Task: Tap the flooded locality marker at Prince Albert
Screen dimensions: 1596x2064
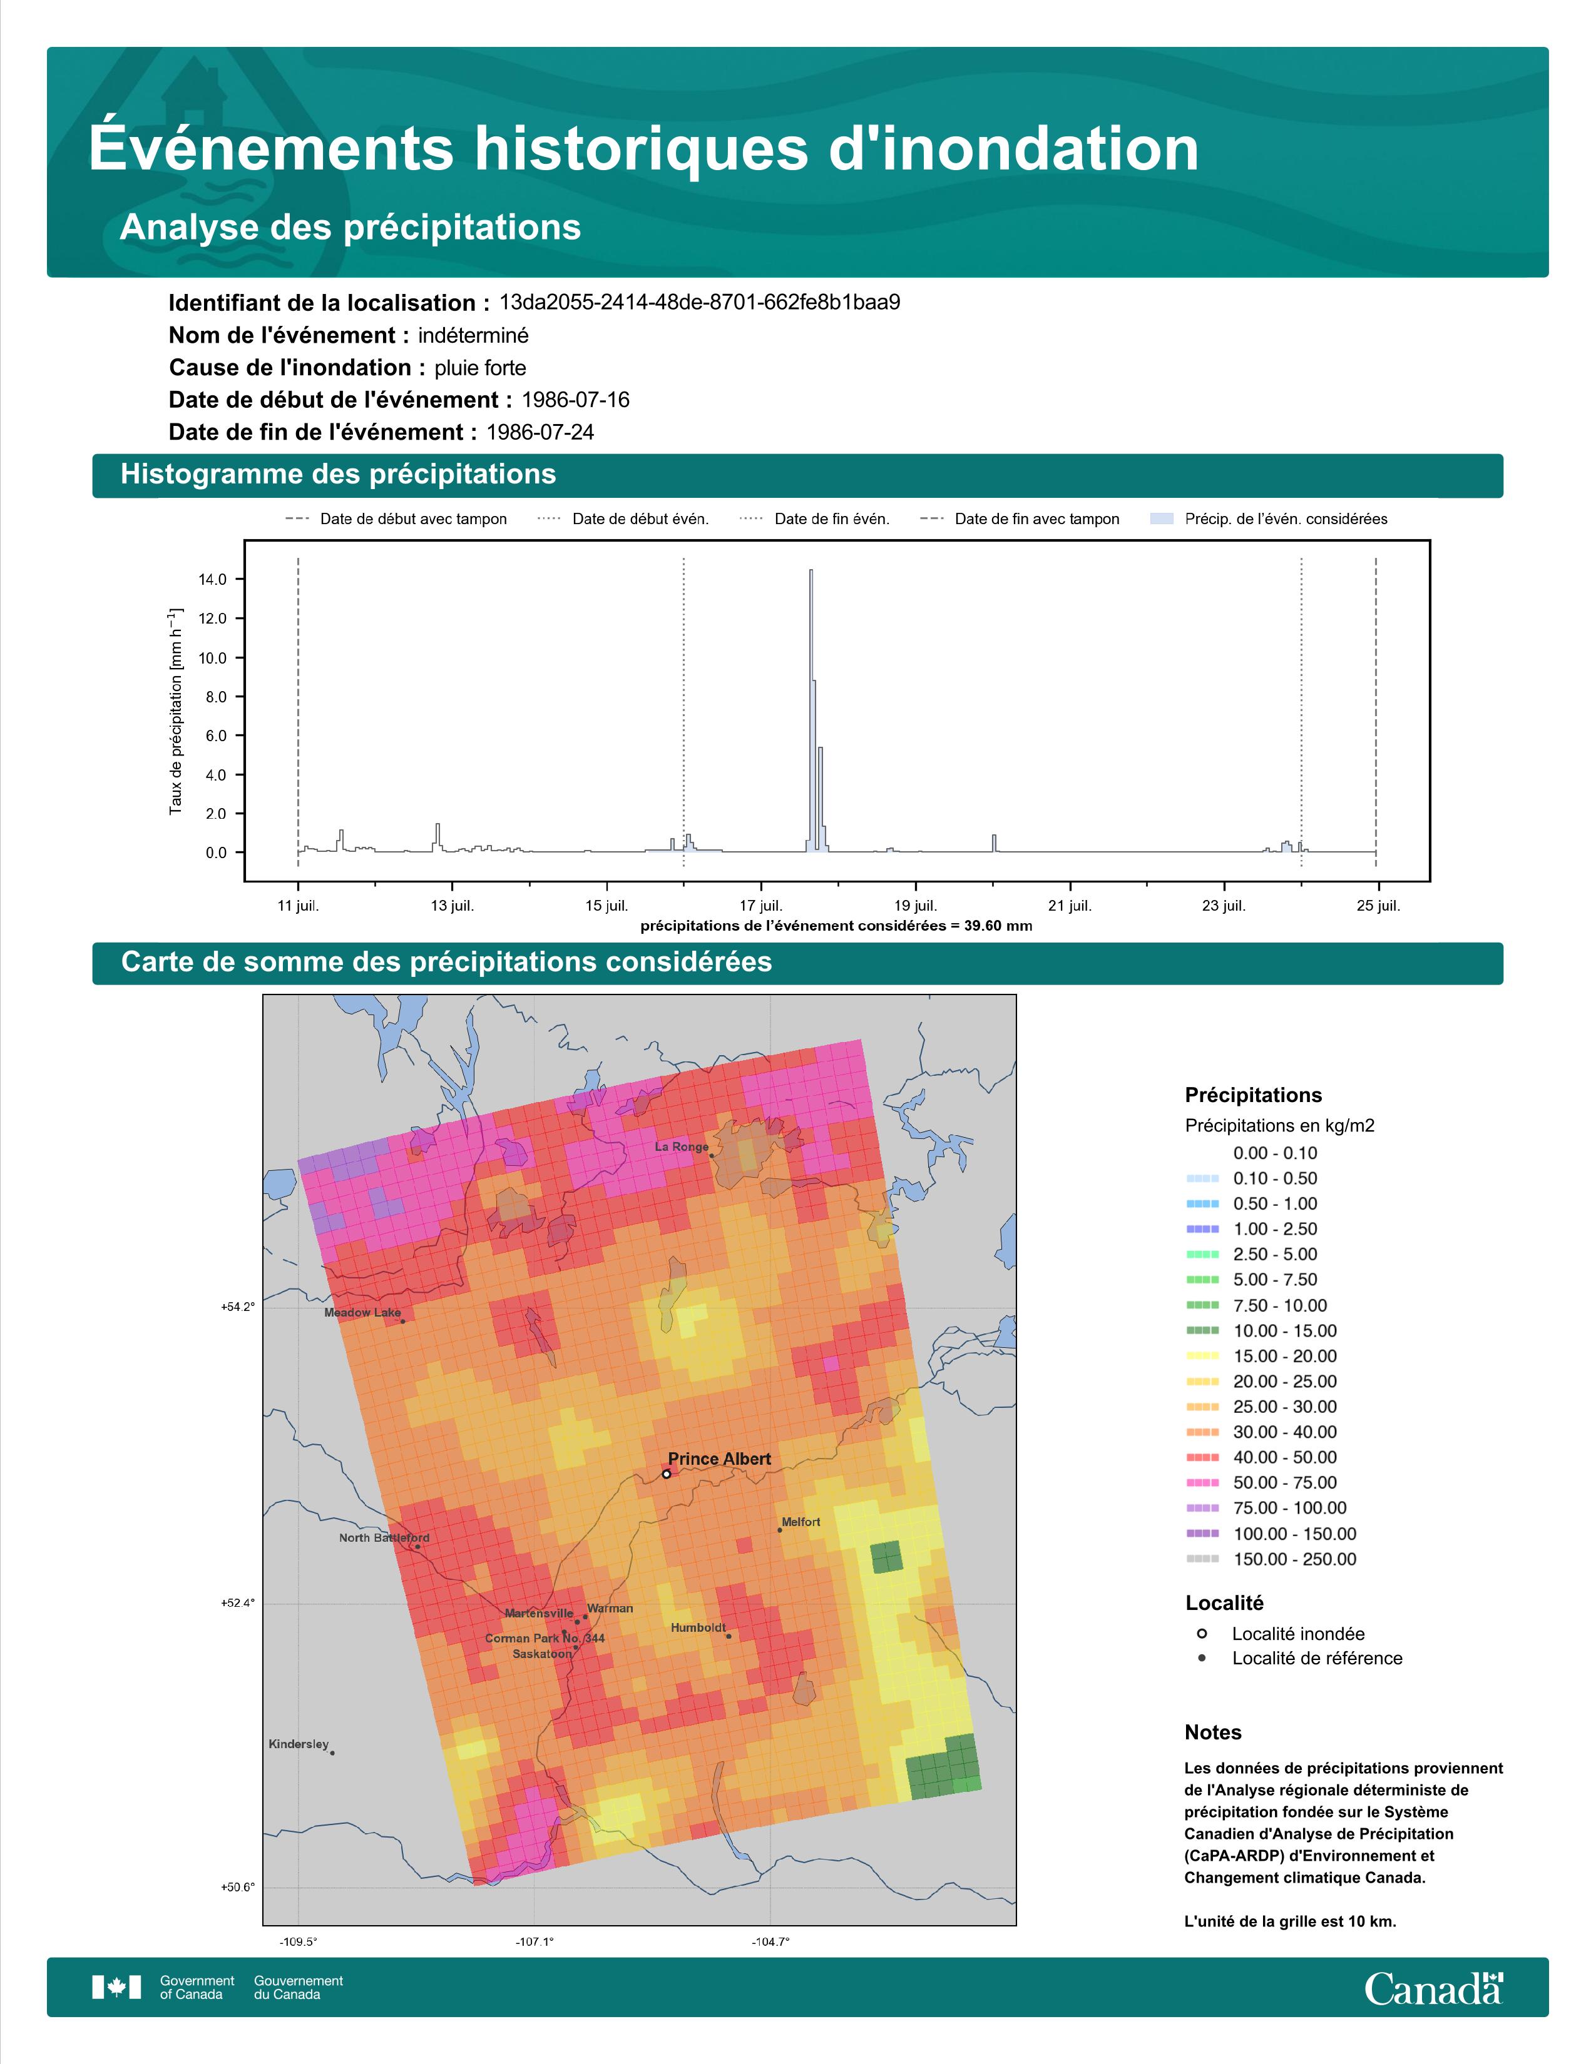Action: [667, 1474]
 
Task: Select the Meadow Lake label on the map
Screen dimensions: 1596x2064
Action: [362, 1313]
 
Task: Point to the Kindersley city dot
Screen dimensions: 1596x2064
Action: [332, 1753]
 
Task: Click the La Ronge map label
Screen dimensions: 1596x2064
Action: [681, 1147]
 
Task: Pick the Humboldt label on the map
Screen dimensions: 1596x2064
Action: [698, 1627]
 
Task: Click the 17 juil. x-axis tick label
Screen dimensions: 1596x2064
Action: [761, 906]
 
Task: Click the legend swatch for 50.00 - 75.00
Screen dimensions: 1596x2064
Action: [1202, 1483]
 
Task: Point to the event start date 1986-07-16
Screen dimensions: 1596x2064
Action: [575, 400]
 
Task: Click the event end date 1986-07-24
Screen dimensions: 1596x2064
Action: [540, 432]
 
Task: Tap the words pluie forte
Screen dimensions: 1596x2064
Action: [480, 368]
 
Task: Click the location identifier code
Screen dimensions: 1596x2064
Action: [700, 303]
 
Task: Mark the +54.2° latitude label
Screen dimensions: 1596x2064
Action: [237, 1307]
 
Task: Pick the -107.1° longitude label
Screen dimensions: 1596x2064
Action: [535, 1942]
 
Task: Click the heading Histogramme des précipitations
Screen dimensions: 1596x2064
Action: [339, 475]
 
